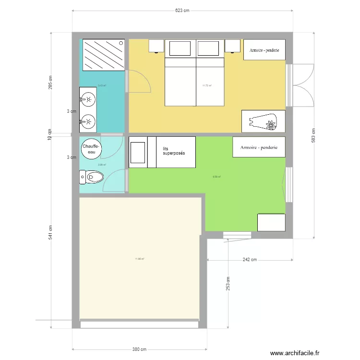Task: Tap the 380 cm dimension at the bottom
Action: point(139,349)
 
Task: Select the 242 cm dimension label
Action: point(250,260)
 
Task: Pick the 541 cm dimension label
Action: point(50,232)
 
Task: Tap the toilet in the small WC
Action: point(91,179)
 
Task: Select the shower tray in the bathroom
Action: point(104,55)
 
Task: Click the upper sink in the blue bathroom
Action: point(88,100)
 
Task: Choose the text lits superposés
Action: point(174,151)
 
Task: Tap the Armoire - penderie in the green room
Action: point(259,147)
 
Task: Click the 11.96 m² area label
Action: point(140,259)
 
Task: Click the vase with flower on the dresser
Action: point(264,121)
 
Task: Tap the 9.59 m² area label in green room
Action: point(216,176)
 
